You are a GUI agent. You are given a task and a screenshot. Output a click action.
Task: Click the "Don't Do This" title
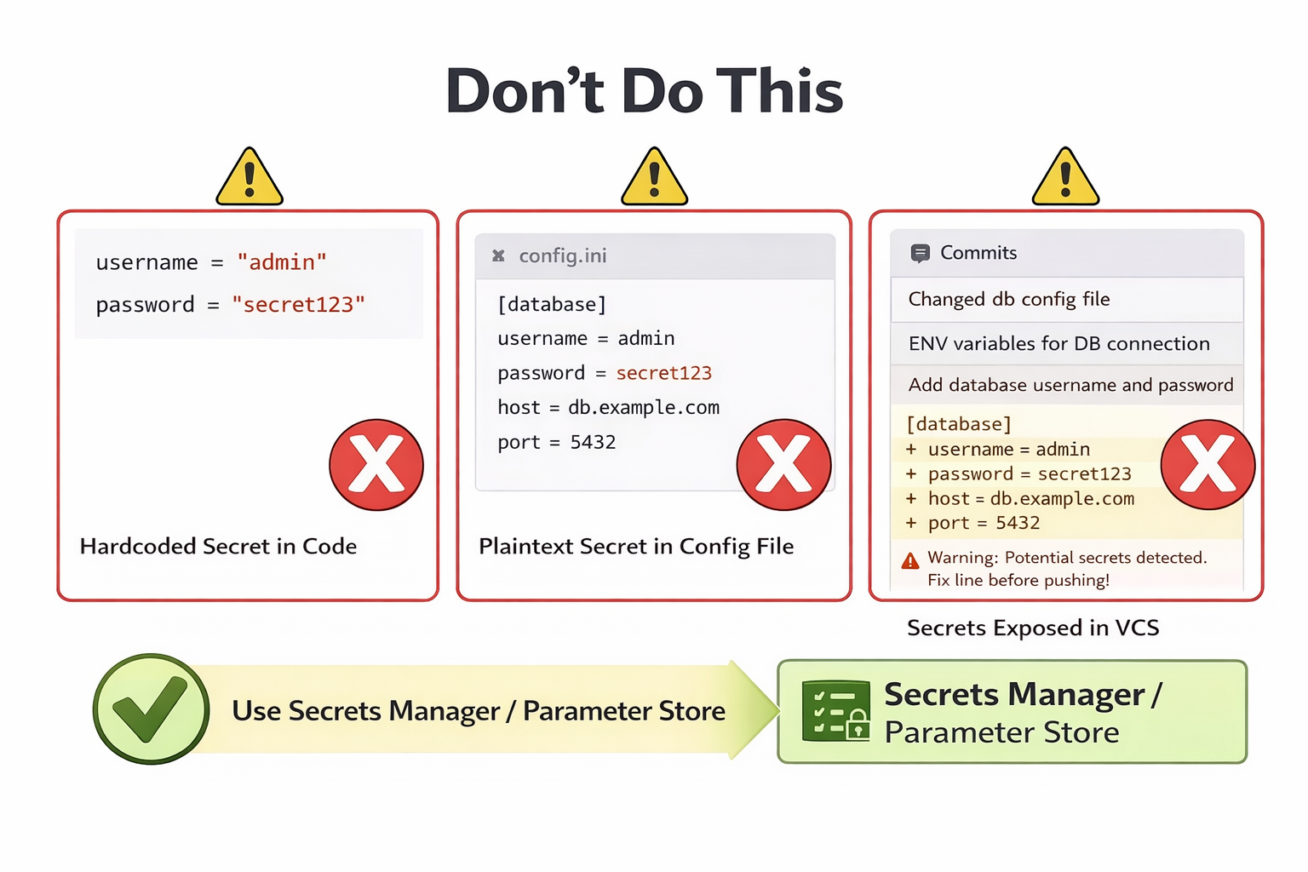point(645,90)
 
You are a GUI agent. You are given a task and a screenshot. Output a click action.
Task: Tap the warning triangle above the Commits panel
point(1065,178)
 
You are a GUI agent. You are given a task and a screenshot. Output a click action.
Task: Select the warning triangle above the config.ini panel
point(654,178)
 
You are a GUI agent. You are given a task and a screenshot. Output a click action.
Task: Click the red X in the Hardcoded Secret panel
point(376,465)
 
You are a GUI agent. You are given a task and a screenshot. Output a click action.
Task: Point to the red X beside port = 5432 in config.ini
point(783,465)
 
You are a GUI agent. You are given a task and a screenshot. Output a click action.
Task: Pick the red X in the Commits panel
point(1208,465)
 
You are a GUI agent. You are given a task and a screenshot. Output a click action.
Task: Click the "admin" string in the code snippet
point(282,262)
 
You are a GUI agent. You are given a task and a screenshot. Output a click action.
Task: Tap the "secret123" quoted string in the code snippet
point(298,305)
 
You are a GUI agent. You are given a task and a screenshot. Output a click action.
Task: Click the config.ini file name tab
point(562,255)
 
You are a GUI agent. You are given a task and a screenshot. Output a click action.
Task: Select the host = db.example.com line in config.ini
point(608,408)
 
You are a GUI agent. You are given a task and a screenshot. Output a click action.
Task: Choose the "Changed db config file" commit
point(1009,300)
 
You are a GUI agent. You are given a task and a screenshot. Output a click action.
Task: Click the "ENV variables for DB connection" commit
point(1058,343)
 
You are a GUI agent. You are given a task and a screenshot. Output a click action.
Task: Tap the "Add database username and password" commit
point(1070,385)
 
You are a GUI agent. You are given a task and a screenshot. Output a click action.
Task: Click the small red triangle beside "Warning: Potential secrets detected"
point(910,560)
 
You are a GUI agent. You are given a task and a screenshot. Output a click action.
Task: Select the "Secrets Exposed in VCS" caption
point(1033,628)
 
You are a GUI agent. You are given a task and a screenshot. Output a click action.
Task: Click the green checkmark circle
point(152,709)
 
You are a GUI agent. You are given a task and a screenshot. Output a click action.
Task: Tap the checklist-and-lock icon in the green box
point(835,710)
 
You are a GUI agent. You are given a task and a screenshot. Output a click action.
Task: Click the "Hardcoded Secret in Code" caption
point(218,547)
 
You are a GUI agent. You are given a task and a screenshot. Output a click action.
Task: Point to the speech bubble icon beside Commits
point(920,253)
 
